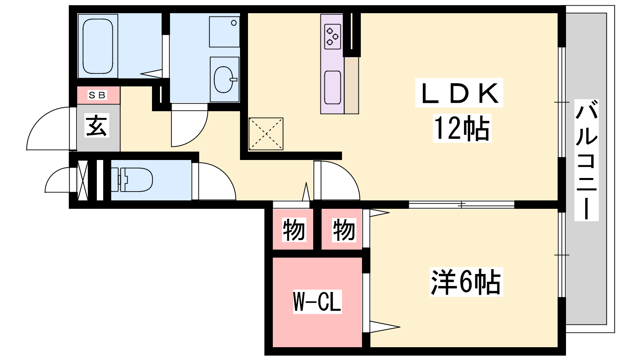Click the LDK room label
pos(459,93)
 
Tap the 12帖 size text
pos(462,128)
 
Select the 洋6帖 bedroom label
pos(466,282)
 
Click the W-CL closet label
pos(317,302)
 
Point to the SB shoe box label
pos(97,95)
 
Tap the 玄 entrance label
pos(97,126)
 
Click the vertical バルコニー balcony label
pos(586,160)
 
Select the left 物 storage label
pos(294,230)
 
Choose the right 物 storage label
pos(344,230)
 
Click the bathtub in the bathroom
pos(98,46)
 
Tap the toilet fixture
pos(132,180)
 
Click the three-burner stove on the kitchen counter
pos(332,36)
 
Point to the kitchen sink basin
pos(332,87)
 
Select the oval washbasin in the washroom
pos(224,80)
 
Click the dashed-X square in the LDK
pos(266,134)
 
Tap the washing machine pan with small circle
pos(224,32)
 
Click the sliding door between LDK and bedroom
pos(462,204)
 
